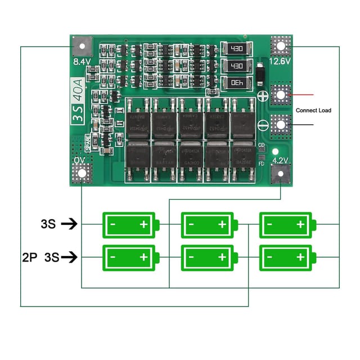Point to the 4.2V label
(x=279, y=160)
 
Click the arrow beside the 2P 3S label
(x=69, y=258)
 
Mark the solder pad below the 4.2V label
(x=280, y=174)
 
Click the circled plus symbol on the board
(x=262, y=96)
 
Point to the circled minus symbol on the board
(x=262, y=125)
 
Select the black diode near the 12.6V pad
(x=260, y=73)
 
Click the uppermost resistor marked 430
(x=236, y=49)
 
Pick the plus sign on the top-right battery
(x=300, y=224)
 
